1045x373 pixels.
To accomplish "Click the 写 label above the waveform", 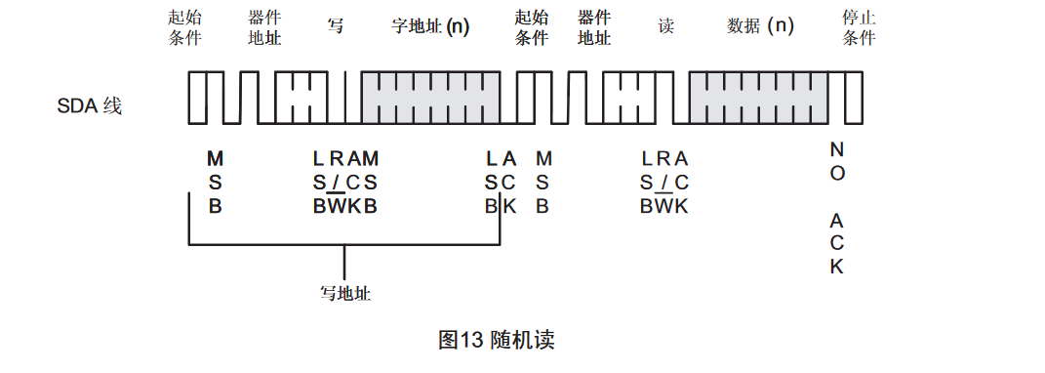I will (x=336, y=27).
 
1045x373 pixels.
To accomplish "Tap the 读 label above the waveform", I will (x=666, y=27).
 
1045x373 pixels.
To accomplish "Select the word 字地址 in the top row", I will (x=417, y=27).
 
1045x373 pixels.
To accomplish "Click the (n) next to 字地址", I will (x=458, y=27).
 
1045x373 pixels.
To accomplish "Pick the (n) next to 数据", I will (x=781, y=27).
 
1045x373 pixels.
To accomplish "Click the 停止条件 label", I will (x=859, y=28).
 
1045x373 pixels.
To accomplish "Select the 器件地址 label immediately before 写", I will (x=265, y=28).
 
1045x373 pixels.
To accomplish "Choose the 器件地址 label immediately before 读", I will (x=594, y=28).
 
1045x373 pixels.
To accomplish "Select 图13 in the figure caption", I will (x=462, y=340).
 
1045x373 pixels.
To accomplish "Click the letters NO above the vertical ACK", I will (x=837, y=161).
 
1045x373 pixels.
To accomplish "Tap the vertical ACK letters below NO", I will (x=837, y=243).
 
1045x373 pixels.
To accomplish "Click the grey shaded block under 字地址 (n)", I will (x=438, y=97).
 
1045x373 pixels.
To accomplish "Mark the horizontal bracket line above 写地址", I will (x=343, y=244).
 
